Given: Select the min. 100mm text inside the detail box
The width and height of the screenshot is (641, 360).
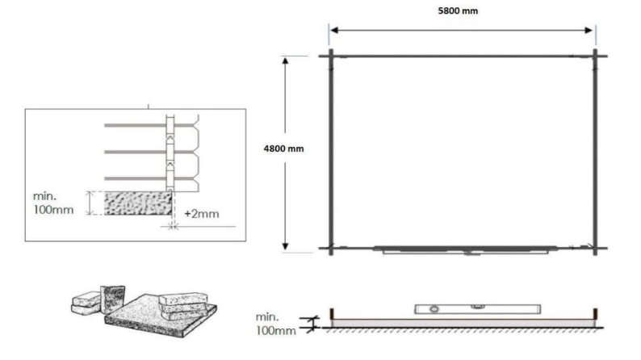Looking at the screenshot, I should click(53, 203).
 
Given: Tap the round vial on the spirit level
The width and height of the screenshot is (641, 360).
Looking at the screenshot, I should click(431, 308).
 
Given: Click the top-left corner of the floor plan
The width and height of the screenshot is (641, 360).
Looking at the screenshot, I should click(331, 56).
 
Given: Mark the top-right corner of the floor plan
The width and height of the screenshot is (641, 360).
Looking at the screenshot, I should click(595, 56).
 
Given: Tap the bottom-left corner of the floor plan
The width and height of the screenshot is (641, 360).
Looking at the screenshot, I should click(331, 248).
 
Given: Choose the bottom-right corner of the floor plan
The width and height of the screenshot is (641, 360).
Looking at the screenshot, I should click(595, 248).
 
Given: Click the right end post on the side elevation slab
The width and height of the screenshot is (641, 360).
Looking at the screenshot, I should click(594, 313).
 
